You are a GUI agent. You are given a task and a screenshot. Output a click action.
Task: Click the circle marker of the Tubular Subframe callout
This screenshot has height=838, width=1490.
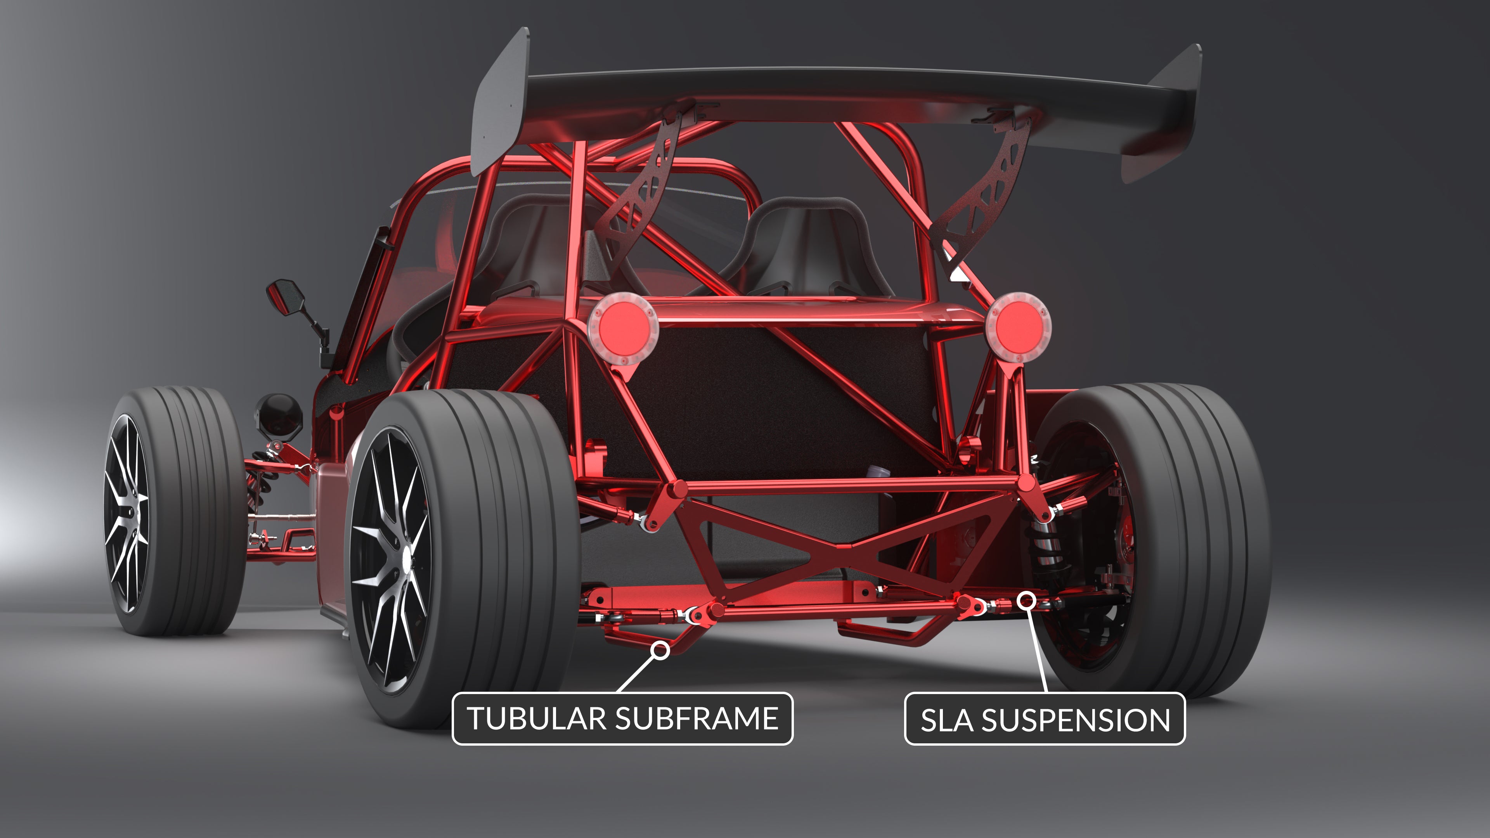pos(660,651)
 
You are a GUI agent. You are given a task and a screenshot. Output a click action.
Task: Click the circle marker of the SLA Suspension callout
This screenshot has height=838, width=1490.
pos(1027,600)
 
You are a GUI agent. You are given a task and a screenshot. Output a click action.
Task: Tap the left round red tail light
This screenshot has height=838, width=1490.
pos(622,327)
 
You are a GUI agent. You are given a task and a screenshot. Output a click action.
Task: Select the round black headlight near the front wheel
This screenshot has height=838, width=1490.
pos(279,415)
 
